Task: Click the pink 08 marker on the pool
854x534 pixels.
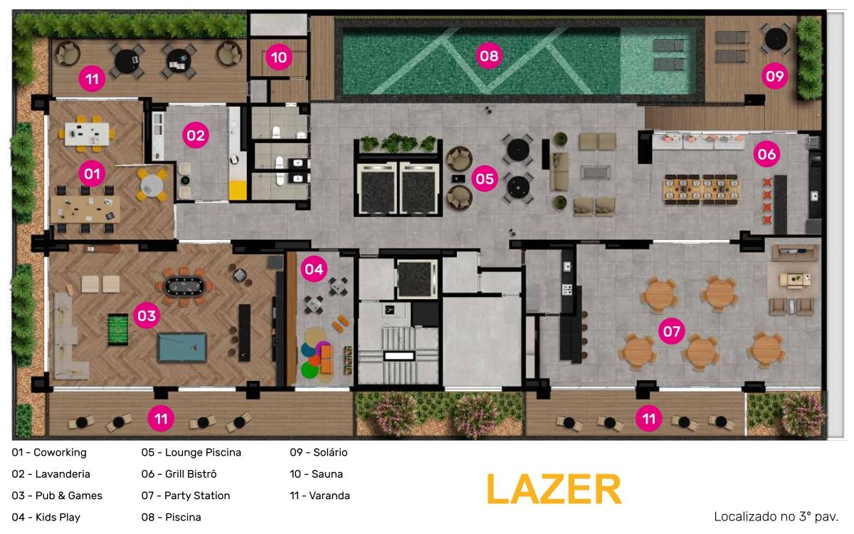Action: tap(489, 56)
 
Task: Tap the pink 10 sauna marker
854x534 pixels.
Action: tap(279, 57)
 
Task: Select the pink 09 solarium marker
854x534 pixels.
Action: tap(775, 76)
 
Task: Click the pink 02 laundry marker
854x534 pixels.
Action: tap(196, 135)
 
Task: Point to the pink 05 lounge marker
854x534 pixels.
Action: tap(485, 179)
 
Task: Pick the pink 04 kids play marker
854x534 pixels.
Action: tap(314, 269)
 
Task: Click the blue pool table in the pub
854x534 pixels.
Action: tap(182, 347)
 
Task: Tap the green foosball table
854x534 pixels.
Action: tap(118, 330)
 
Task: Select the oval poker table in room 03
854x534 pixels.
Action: tap(184, 286)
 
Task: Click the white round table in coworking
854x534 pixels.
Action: tap(152, 185)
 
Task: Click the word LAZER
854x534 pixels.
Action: tap(554, 489)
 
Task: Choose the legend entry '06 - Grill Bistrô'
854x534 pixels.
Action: tap(179, 473)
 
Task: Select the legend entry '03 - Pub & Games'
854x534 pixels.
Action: tap(57, 496)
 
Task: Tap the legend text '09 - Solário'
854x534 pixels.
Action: tap(318, 452)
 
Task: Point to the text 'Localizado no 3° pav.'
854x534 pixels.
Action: tap(776, 516)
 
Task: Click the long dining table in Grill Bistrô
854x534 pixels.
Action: tap(702, 189)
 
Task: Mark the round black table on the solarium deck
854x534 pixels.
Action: tap(776, 38)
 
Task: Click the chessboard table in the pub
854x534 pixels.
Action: tap(239, 275)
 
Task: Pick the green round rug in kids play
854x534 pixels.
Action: tap(310, 370)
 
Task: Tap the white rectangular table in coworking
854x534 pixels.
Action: tap(87, 134)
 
